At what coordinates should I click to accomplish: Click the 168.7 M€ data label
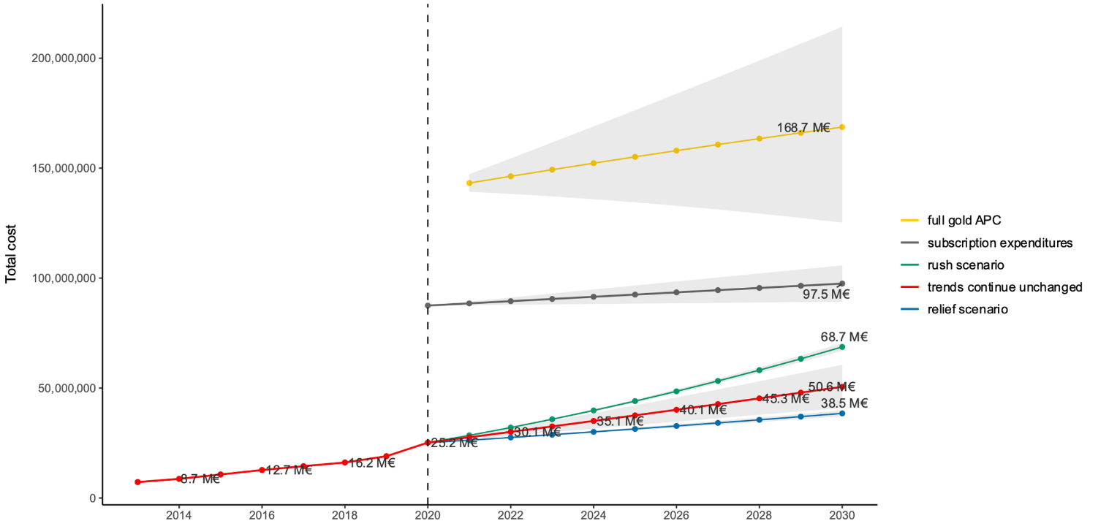pyautogui.click(x=803, y=128)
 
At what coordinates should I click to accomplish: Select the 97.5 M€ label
pyautogui.click(x=826, y=294)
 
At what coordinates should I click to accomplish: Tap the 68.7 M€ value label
pyautogui.click(x=844, y=337)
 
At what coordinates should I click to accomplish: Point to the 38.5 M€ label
pyautogui.click(x=844, y=403)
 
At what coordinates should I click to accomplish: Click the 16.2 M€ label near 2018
pyautogui.click(x=371, y=463)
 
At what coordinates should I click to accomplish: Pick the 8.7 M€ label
pyautogui.click(x=200, y=479)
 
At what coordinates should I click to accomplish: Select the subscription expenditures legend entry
pyautogui.click(x=999, y=243)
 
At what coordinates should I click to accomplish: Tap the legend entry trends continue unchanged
pyautogui.click(x=1004, y=287)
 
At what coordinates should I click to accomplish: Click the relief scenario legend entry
pyautogui.click(x=967, y=309)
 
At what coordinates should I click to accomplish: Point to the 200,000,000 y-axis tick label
pyautogui.click(x=64, y=58)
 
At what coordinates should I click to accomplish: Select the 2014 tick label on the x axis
pyautogui.click(x=178, y=514)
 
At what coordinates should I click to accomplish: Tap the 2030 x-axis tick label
pyautogui.click(x=842, y=514)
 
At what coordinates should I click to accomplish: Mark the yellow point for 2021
pyautogui.click(x=469, y=183)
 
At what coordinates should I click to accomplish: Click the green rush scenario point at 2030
pyautogui.click(x=842, y=347)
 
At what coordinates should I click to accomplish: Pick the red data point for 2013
pyautogui.click(x=137, y=482)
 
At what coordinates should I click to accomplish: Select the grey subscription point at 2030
pyautogui.click(x=842, y=283)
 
